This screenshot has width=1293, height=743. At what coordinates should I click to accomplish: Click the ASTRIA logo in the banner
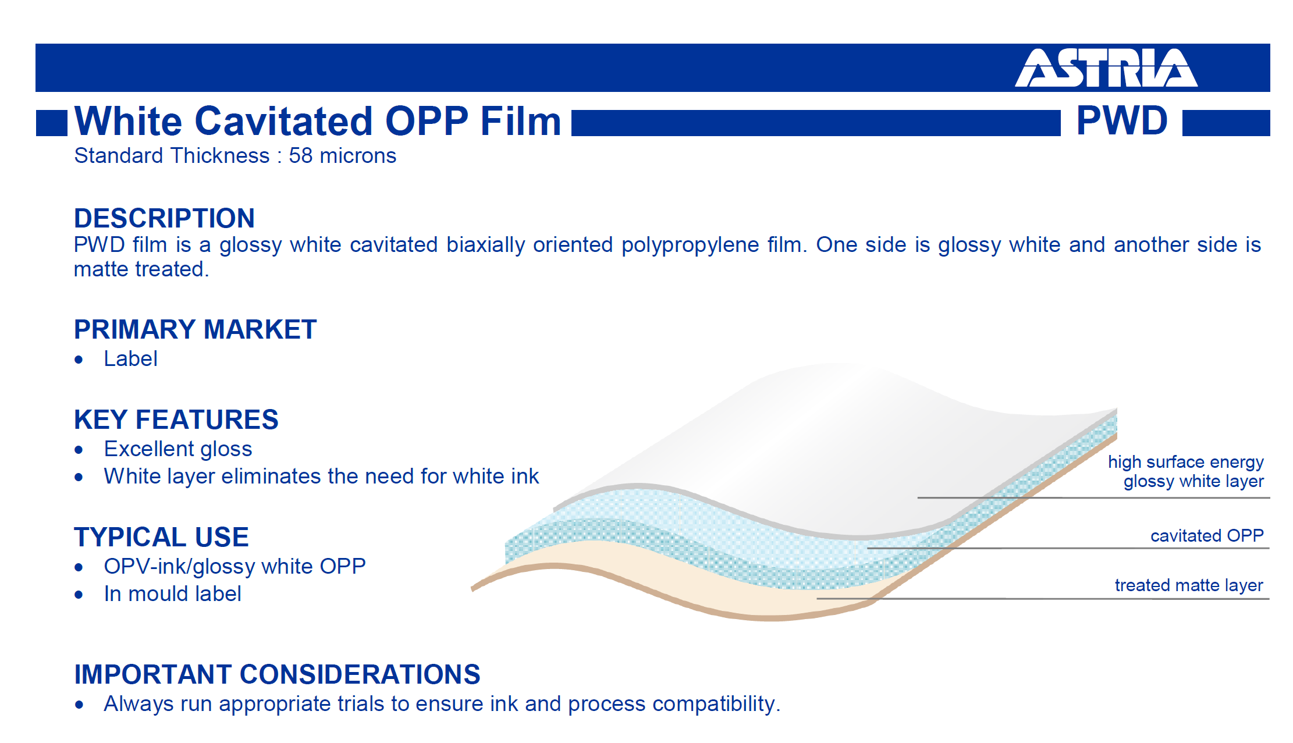coord(1106,67)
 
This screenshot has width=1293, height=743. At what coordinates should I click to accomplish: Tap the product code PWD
coord(1122,121)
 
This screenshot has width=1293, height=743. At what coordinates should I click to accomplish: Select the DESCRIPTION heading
coord(164,218)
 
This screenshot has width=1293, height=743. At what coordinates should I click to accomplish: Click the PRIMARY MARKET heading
coord(195,329)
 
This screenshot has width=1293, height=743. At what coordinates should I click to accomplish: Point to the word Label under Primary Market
coord(130,359)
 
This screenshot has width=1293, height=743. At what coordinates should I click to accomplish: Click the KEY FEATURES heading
coord(176,420)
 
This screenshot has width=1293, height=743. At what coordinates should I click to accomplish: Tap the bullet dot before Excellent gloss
coord(79,450)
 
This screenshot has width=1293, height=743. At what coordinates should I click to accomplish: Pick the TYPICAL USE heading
coord(161,537)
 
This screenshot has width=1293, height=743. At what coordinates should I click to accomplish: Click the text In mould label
coord(172,594)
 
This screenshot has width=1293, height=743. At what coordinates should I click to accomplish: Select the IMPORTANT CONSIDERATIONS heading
coord(277,674)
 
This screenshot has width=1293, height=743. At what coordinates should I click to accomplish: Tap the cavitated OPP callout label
coord(1207,536)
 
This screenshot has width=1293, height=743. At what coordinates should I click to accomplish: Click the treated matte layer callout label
coord(1189,585)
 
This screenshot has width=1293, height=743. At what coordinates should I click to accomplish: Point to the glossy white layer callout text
coord(1193,482)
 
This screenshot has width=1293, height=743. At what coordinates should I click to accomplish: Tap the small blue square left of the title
coord(52,123)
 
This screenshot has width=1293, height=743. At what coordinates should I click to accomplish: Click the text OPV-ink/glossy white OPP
coord(235,567)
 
